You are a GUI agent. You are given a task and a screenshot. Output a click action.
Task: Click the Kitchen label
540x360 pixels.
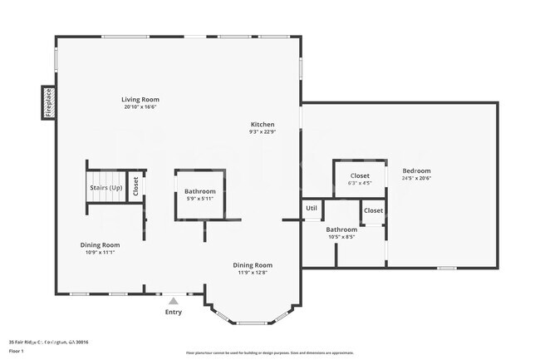click(262, 124)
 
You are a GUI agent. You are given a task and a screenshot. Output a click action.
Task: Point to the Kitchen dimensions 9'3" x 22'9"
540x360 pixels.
click(262, 131)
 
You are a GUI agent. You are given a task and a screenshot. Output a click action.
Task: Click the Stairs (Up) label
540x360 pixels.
click(105, 188)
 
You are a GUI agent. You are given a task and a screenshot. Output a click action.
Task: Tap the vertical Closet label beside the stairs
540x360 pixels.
click(135, 188)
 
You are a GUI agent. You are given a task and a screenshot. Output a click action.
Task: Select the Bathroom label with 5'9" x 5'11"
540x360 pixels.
click(199, 192)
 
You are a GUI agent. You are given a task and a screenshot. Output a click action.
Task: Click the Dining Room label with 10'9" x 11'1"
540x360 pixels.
click(100, 244)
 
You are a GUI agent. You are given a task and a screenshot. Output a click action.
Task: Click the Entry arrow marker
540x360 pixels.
click(173, 302)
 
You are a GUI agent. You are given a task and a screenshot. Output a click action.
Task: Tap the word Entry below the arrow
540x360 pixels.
click(173, 312)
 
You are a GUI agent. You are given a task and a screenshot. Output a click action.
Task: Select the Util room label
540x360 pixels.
click(312, 209)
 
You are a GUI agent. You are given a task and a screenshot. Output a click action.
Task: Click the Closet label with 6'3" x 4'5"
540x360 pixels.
click(360, 175)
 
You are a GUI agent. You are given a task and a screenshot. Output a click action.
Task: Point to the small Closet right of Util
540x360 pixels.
click(374, 210)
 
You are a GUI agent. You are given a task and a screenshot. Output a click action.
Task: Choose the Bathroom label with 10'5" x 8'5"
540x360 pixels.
click(341, 229)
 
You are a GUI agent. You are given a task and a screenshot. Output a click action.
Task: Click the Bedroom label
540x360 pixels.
click(416, 170)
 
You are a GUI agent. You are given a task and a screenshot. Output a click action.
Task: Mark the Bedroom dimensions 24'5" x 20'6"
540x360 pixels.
click(416, 178)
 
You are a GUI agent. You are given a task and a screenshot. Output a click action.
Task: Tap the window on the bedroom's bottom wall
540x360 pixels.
click(447, 268)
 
